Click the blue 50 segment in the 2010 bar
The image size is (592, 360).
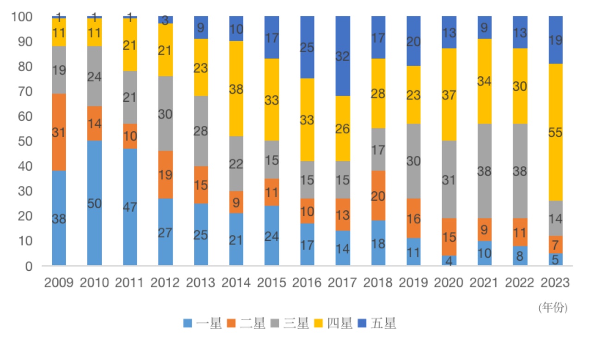point(94,203)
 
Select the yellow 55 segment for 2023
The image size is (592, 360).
point(555,132)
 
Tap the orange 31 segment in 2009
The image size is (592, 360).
point(59,132)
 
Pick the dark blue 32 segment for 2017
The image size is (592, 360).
point(343,56)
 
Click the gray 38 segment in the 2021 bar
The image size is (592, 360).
point(484,171)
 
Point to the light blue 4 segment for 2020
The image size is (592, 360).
point(449,261)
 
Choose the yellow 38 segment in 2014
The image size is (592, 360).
point(236,89)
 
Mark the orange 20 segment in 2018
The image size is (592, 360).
point(378,195)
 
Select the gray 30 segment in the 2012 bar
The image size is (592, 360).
point(166,114)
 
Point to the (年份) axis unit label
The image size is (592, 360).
point(553,308)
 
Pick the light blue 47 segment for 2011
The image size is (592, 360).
point(130,207)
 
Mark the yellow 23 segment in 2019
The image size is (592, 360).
point(413,95)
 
